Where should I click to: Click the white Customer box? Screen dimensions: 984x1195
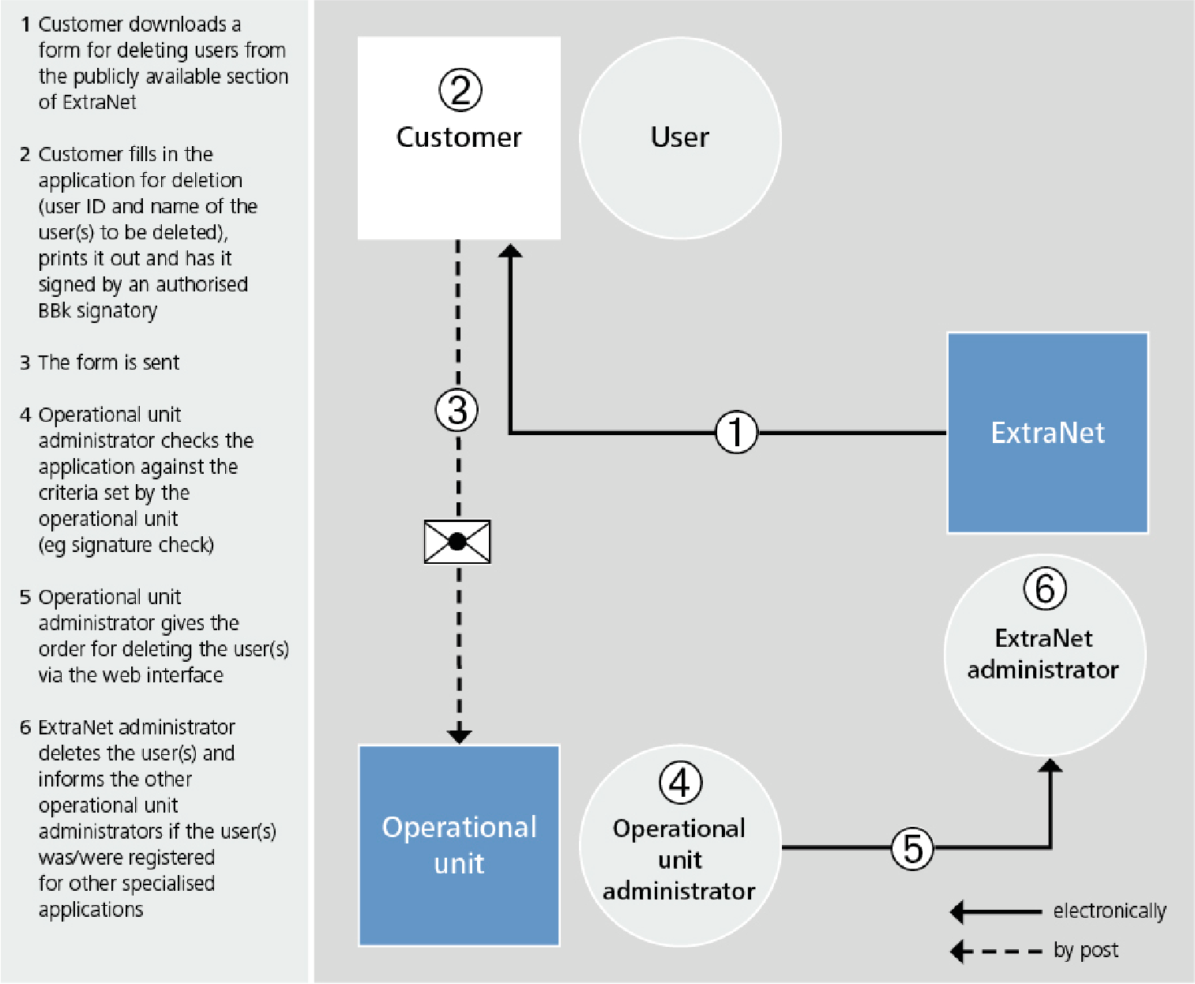tap(459, 138)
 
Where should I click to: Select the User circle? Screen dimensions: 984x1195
tap(680, 138)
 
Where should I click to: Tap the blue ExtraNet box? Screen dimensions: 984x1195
tap(1047, 433)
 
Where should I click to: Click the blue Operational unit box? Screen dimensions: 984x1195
tap(459, 845)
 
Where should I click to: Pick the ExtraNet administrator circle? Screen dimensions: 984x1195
tap(1044, 655)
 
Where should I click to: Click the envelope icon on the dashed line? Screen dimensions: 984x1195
tap(457, 542)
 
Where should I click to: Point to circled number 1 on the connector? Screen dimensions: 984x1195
tap(736, 433)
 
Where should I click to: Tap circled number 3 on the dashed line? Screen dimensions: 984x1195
tap(457, 410)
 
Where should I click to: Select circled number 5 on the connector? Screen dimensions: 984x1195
tap(912, 848)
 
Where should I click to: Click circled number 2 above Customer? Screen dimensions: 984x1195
tap(460, 90)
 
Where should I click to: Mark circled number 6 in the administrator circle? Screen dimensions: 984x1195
tap(1045, 589)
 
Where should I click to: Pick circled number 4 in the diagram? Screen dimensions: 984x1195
tap(680, 783)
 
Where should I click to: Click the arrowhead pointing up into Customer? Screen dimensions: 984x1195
tap(510, 251)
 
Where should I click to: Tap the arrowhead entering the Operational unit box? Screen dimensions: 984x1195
tap(459, 736)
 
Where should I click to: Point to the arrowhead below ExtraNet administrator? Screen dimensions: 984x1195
tap(1050, 765)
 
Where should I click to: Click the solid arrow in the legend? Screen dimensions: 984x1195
tap(996, 912)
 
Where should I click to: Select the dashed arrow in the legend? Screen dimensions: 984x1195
tap(996, 952)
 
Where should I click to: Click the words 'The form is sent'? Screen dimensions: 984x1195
tap(109, 362)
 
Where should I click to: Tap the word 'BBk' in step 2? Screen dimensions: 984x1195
tap(54, 310)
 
